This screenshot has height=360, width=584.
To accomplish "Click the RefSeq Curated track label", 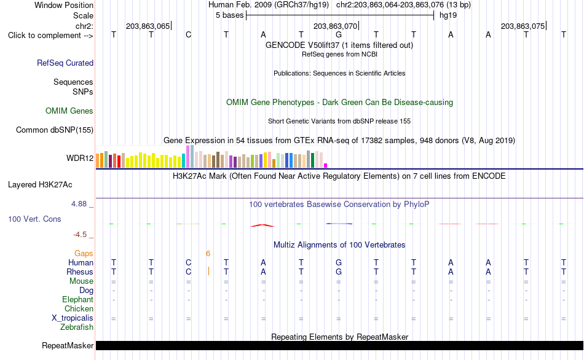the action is (x=65, y=63).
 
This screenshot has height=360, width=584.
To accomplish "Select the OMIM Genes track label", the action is (x=69, y=111).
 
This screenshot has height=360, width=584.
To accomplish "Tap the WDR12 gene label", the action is (x=80, y=158).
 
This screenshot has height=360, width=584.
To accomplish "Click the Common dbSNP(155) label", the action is (x=54, y=130).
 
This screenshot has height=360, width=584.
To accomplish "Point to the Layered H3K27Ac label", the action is (x=40, y=185).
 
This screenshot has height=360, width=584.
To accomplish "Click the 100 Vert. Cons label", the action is (x=34, y=219).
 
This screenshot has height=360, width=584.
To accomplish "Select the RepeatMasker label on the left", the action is (x=68, y=345).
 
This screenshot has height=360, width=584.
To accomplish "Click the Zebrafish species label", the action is (x=77, y=327).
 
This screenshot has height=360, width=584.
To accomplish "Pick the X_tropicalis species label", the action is (x=73, y=318).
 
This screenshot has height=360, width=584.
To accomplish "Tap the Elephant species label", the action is (x=77, y=299).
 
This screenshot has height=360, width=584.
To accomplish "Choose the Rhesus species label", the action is (x=80, y=272).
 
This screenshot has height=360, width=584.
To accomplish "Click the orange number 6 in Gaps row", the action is (x=208, y=254).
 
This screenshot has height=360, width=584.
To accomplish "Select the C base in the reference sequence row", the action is (x=189, y=35).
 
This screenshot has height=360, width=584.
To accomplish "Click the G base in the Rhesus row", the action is (x=339, y=272).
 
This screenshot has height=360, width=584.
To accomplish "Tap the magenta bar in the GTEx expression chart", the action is (x=326, y=166).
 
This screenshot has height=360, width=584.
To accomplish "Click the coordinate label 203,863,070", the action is (x=335, y=26).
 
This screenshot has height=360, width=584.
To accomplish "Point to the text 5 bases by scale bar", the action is (x=229, y=15).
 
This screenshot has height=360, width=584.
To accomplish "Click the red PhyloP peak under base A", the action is (x=262, y=225).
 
